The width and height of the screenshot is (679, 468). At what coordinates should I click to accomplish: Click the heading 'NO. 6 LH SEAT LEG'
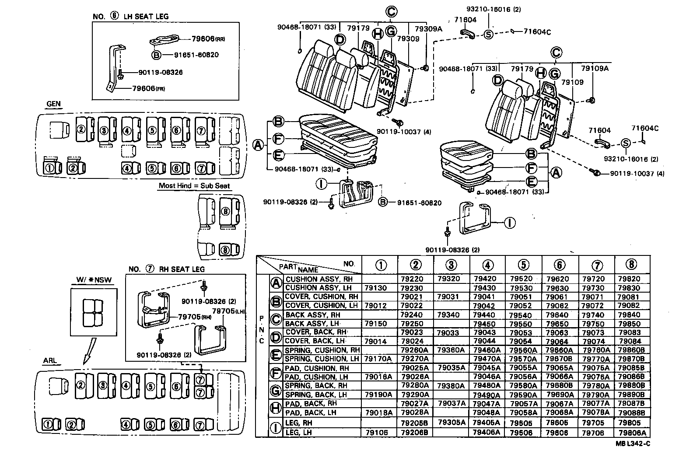[x=130, y=17]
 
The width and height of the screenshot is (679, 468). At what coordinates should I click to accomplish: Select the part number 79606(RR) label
[x=208, y=39]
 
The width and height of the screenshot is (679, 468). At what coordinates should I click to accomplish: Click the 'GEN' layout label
[x=53, y=104]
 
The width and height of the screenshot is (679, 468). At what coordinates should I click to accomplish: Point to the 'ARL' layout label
[x=50, y=361]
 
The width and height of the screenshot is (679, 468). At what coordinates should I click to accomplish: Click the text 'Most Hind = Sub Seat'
[x=194, y=185]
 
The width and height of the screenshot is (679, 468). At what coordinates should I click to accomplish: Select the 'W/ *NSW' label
[x=92, y=280]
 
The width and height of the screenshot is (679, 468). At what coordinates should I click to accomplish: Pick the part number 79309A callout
[x=428, y=29]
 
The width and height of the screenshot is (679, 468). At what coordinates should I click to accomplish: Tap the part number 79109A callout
[x=595, y=68]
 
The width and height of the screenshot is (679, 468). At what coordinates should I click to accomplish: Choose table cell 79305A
[x=451, y=423]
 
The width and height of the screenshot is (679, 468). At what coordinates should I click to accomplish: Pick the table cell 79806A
[x=632, y=433]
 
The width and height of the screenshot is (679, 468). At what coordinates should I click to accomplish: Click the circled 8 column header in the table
[x=631, y=264]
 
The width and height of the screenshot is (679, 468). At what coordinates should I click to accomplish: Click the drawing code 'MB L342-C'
[x=633, y=444]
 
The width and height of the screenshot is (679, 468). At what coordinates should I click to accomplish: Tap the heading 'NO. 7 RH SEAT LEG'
[x=166, y=269]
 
